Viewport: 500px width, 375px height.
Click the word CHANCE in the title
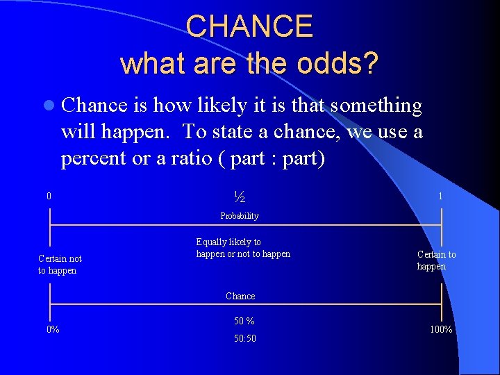tap(249, 26)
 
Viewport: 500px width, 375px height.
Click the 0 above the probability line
tap(49, 197)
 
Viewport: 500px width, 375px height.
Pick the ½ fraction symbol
tap(240, 197)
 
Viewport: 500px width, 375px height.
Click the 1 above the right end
tap(440, 197)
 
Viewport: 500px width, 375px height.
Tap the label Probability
tap(240, 216)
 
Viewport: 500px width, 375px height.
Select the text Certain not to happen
tap(60, 265)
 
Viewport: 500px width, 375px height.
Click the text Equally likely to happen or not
tap(243, 248)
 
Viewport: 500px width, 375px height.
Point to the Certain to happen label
tap(436, 260)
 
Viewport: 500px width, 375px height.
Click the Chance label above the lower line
tap(240, 296)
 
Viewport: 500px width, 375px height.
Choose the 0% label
tap(53, 329)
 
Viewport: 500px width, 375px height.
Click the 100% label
tap(441, 329)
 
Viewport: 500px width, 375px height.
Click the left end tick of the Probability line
tap(49, 225)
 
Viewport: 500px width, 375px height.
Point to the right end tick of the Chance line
tap(441, 304)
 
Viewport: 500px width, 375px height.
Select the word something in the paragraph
tap(376, 106)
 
